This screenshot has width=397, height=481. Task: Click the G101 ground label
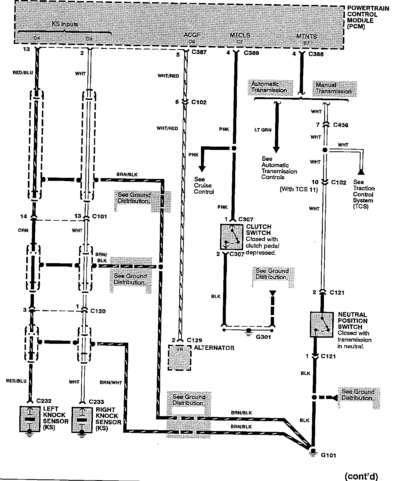point(328,455)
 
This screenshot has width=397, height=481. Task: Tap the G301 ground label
point(263,337)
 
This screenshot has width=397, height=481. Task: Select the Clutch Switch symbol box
point(232,237)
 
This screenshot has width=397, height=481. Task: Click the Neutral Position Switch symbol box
point(321,324)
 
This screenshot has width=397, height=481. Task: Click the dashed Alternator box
point(179,358)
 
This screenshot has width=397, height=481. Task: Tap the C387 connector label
point(199,52)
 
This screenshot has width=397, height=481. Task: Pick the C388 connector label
point(316,54)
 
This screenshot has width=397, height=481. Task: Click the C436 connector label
point(340,125)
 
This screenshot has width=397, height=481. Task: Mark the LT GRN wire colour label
point(263,130)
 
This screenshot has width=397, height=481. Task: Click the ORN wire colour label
point(23,230)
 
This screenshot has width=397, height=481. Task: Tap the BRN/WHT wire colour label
point(111,382)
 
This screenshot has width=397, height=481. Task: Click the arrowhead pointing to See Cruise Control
point(202,168)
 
